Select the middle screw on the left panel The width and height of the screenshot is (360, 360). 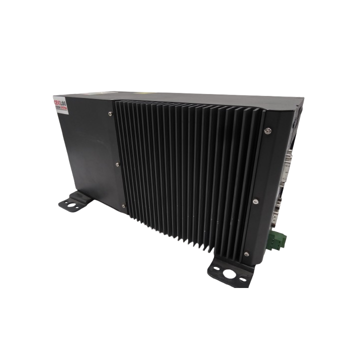(x=116, y=162)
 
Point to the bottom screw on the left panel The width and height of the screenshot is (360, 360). (x=122, y=205)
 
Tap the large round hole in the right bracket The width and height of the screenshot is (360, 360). (x=231, y=274)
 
